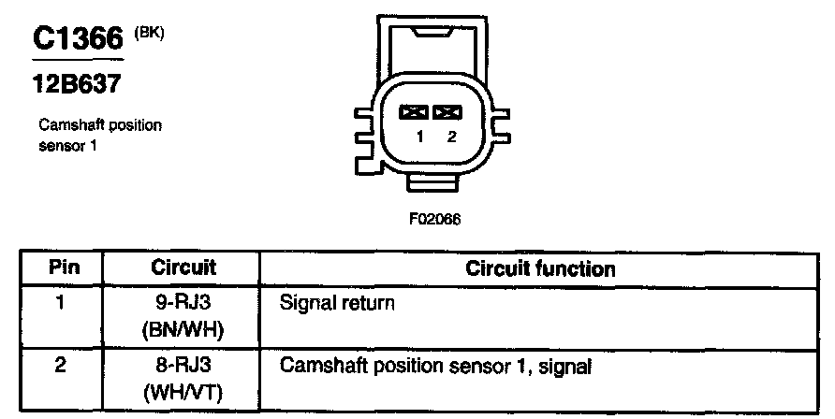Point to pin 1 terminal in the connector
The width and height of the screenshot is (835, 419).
pos(413,112)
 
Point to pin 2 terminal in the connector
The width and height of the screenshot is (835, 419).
pos(448,112)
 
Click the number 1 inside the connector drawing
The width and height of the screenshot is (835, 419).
pos(420,137)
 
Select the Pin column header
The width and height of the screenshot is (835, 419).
pos(63,269)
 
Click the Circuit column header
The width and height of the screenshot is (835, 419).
pos(183,269)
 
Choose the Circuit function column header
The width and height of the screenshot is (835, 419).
pos(540,269)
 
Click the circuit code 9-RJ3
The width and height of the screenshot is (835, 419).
pos(183,303)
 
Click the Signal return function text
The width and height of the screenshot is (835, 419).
pos(337,304)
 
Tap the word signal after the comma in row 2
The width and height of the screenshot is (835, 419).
pos(568,367)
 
